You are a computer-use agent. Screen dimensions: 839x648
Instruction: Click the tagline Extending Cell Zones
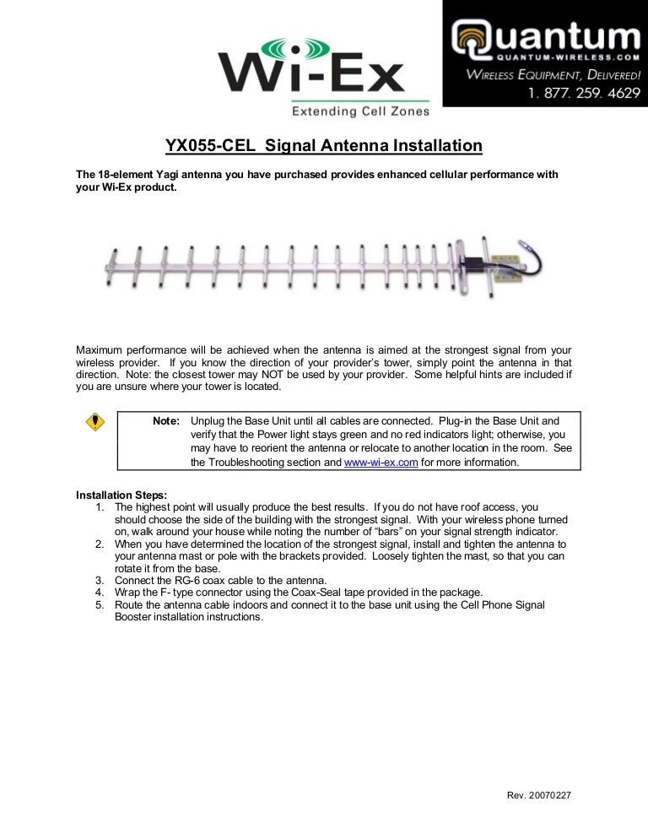[x=359, y=111]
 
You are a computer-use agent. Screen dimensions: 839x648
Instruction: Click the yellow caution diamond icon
[x=96, y=422]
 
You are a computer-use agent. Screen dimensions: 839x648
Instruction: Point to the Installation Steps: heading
[x=121, y=494]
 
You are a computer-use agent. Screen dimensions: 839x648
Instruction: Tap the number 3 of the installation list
[x=99, y=581]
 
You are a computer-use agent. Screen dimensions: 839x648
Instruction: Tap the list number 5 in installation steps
[x=99, y=605]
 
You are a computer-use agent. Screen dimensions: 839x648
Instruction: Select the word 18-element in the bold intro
[x=127, y=174]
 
